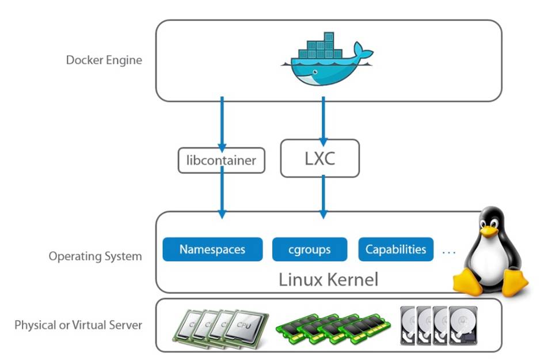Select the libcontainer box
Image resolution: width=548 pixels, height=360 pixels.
pyautogui.click(x=221, y=160)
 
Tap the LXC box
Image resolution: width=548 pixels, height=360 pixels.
pyautogui.click(x=319, y=158)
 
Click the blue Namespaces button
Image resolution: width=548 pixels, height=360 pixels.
pyautogui.click(x=212, y=249)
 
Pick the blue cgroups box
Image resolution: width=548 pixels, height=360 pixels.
pyautogui.click(x=309, y=249)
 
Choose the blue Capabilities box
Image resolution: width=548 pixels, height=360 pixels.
pyautogui.click(x=395, y=249)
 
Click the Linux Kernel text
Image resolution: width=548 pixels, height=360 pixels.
pyautogui.click(x=328, y=280)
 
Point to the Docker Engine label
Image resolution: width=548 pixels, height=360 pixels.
pyautogui.click(x=104, y=60)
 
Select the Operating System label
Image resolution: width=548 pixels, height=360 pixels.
pyautogui.click(x=95, y=256)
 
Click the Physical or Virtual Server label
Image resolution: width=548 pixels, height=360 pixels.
pyautogui.click(x=78, y=325)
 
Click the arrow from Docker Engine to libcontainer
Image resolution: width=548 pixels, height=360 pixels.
pyautogui.click(x=222, y=124)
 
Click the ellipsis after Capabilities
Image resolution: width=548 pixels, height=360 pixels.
pyautogui.click(x=449, y=251)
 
